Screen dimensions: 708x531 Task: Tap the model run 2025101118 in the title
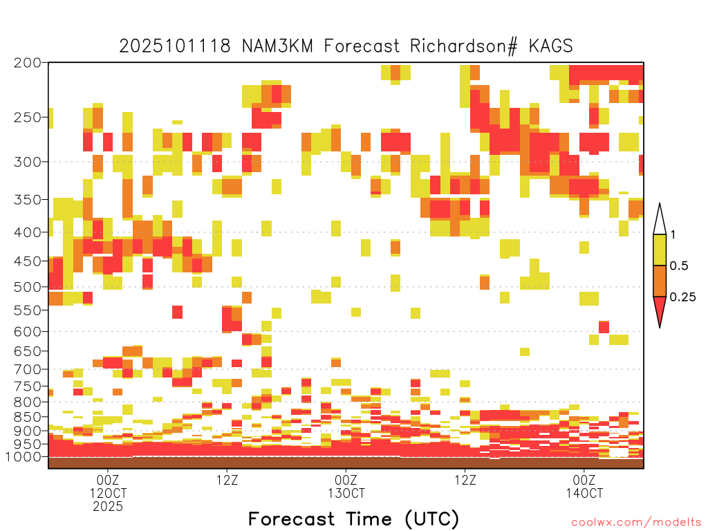(175, 46)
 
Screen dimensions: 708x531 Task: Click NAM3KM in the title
(278, 46)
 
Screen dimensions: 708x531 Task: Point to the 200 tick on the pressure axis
(27, 63)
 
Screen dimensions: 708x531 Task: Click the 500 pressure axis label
(27, 287)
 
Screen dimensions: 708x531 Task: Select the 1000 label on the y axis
(23, 457)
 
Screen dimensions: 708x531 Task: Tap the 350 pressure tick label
(27, 200)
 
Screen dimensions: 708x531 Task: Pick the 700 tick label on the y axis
(27, 369)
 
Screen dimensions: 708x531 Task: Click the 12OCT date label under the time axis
(108, 493)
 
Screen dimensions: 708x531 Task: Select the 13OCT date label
(346, 493)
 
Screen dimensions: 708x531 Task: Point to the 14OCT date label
(584, 493)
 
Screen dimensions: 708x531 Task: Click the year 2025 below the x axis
(108, 507)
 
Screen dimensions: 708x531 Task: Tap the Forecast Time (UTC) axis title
(353, 519)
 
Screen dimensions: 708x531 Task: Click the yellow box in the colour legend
(660, 250)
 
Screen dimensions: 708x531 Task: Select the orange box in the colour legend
(660, 281)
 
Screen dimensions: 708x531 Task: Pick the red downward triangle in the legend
(660, 309)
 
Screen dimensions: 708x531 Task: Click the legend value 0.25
(682, 297)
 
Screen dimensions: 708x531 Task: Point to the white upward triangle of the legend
(660, 222)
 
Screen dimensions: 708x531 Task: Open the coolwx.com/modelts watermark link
(637, 523)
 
